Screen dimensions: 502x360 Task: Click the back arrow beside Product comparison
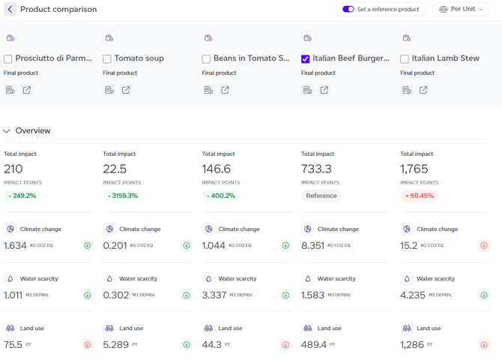pyautogui.click(x=10, y=9)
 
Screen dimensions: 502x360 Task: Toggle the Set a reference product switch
pyautogui.click(x=348, y=9)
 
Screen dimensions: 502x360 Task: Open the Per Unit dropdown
pyautogui.click(x=461, y=9)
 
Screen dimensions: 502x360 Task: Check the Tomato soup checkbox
pyautogui.click(x=107, y=59)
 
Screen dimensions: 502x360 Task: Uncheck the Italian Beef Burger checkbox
pyautogui.click(x=305, y=59)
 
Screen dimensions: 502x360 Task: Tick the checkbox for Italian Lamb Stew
pyautogui.click(x=405, y=59)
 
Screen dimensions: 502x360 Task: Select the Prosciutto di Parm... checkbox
pyautogui.click(x=7, y=59)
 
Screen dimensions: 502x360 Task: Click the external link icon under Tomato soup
pyautogui.click(x=126, y=90)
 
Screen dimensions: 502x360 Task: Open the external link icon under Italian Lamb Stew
pyautogui.click(x=423, y=90)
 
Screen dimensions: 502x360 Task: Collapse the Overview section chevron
pyautogui.click(x=7, y=130)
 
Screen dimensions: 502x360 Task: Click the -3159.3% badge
pyautogui.click(x=123, y=196)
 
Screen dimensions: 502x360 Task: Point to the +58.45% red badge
pyautogui.click(x=420, y=196)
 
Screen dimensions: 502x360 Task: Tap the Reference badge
pyautogui.click(x=321, y=196)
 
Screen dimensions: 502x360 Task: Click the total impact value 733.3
pyautogui.click(x=316, y=169)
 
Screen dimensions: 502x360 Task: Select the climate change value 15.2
pyautogui.click(x=409, y=245)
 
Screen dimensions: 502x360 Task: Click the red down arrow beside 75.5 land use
pyautogui.click(x=88, y=344)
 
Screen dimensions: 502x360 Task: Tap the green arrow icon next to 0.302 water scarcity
pyautogui.click(x=187, y=295)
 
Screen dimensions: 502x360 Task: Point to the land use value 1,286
pyautogui.click(x=412, y=345)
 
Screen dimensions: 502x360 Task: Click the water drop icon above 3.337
pyautogui.click(x=208, y=278)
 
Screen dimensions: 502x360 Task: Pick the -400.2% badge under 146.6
pyautogui.click(x=221, y=196)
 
